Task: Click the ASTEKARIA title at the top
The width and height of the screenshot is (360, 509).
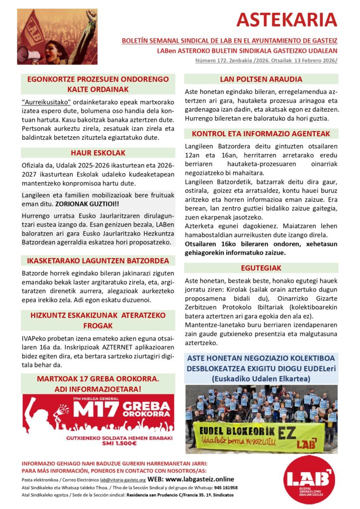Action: coord(286,20)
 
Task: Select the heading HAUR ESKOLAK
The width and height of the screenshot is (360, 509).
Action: coord(97,153)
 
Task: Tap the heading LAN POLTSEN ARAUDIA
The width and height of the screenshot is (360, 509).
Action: coord(261,79)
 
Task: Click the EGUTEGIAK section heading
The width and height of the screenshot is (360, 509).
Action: coord(261,267)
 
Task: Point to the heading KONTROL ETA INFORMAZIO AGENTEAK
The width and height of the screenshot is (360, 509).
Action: coord(261,134)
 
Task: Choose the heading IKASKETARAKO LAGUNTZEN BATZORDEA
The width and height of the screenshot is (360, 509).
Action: coord(97,260)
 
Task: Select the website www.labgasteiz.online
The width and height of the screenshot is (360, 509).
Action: coord(196,480)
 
